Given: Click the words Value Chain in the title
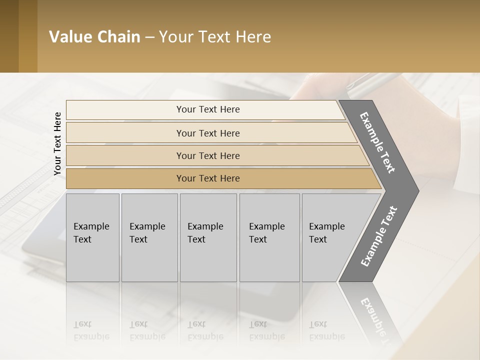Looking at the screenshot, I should click(x=94, y=37).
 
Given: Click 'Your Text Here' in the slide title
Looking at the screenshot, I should click(x=215, y=37).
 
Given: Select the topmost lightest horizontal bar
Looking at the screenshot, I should click(x=205, y=109).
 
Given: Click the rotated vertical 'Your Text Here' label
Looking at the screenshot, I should click(x=57, y=143).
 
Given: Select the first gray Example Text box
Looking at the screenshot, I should click(x=92, y=237).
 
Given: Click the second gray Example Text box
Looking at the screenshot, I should click(x=149, y=237).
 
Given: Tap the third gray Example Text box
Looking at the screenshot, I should click(x=208, y=237).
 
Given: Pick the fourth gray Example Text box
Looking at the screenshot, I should click(x=269, y=237).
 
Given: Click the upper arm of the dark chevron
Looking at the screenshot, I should click(x=378, y=143).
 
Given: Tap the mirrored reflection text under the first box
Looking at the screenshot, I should click(x=91, y=331).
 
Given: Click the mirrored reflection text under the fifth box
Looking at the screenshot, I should click(x=326, y=331).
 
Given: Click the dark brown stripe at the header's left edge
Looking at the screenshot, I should click(x=9, y=36).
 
